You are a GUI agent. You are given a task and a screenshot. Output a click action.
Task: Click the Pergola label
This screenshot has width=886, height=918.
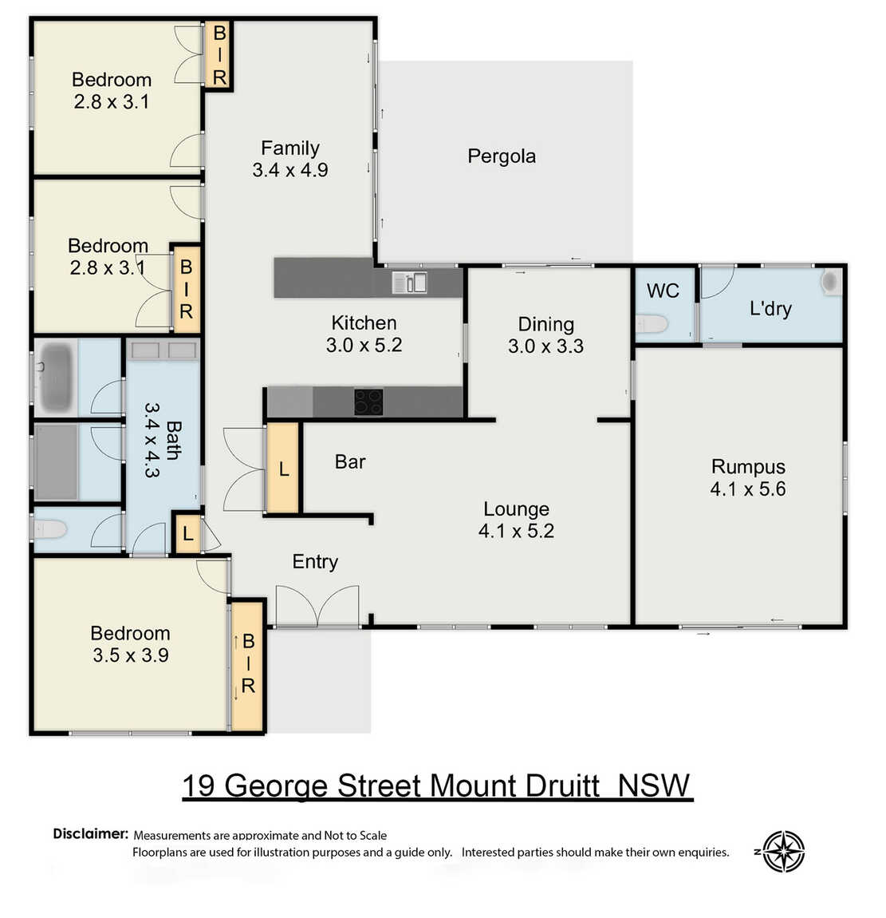pyautogui.click(x=501, y=156)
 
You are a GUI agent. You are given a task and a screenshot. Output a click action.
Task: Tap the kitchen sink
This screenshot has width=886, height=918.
pyautogui.click(x=409, y=283)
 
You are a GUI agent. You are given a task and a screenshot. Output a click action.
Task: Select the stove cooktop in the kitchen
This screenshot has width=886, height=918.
pyautogui.click(x=368, y=402)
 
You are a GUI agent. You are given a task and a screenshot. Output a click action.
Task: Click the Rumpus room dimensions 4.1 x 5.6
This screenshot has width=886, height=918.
pyautogui.click(x=748, y=489)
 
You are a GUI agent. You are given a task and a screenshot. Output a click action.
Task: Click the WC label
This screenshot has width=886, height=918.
pyautogui.click(x=663, y=291)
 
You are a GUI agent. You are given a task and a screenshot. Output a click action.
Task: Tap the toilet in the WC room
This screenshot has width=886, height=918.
pyautogui.click(x=652, y=324)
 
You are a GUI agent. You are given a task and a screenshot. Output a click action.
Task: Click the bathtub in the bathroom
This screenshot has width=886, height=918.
pyautogui.click(x=56, y=377)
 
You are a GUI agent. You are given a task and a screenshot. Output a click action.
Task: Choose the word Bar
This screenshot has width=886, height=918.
pyautogui.click(x=350, y=462)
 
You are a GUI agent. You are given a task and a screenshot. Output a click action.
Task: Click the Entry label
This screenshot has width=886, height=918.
pyautogui.click(x=315, y=561)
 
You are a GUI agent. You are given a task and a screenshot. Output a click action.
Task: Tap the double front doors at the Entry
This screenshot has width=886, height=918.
pyautogui.click(x=317, y=606)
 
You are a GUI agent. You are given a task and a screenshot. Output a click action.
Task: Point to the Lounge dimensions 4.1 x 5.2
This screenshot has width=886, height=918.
pyautogui.click(x=516, y=530)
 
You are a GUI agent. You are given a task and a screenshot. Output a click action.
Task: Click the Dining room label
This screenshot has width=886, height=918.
pyautogui.click(x=545, y=324)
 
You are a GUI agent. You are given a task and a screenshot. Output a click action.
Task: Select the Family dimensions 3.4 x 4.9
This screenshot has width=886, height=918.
pyautogui.click(x=290, y=170)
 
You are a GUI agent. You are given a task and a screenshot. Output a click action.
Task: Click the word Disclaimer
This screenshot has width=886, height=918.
pyautogui.click(x=90, y=833)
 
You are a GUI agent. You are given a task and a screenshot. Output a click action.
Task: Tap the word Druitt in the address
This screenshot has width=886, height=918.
pyautogui.click(x=562, y=785)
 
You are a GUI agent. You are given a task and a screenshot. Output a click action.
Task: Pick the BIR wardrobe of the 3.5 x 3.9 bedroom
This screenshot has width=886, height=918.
pyautogui.click(x=248, y=666)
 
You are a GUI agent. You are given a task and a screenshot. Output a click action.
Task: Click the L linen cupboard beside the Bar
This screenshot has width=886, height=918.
pyautogui.click(x=284, y=469)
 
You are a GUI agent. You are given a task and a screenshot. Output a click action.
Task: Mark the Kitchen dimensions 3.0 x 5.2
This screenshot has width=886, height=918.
pyautogui.click(x=364, y=345)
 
